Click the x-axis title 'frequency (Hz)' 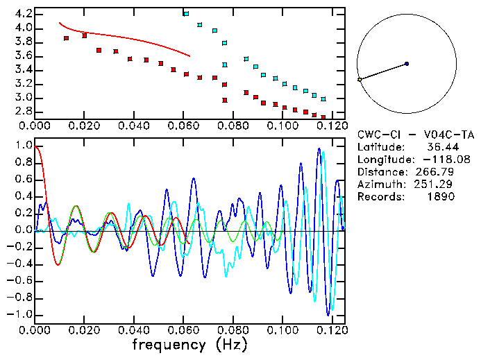click(189, 344)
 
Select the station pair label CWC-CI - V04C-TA click(416, 135)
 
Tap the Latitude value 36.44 click(441, 147)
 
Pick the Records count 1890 click(441, 197)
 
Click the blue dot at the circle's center click(407, 64)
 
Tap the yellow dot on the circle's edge click(360, 80)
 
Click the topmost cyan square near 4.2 click(186, 14)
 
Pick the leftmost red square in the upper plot click(67, 38)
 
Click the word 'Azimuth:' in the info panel click(379, 185)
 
